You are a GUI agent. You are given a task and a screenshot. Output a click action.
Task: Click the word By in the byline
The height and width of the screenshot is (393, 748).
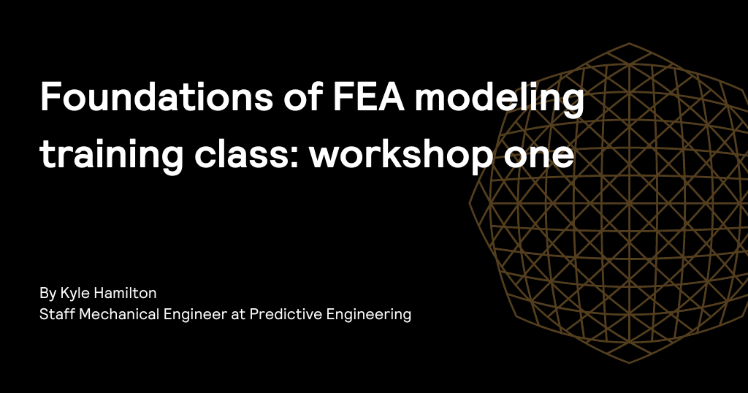tap(47, 294)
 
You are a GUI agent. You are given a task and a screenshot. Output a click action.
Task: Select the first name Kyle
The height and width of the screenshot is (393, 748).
tap(74, 294)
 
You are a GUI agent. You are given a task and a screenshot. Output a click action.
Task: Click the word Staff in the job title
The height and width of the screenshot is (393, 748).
tap(56, 315)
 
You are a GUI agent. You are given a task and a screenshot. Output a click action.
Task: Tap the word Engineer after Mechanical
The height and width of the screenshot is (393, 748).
tap(188, 315)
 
